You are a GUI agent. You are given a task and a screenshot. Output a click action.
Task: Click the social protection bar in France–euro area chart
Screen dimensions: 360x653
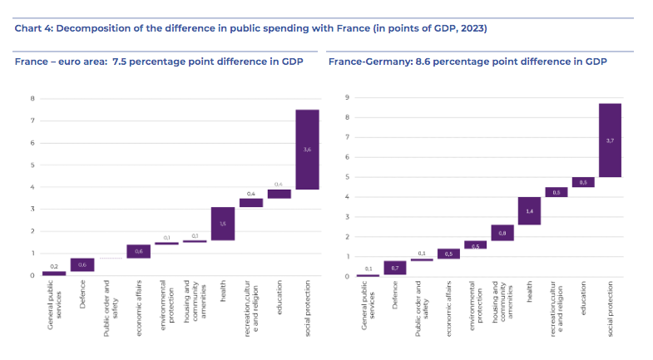pos(307,150)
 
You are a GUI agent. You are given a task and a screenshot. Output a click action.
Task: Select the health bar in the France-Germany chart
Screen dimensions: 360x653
pos(529,211)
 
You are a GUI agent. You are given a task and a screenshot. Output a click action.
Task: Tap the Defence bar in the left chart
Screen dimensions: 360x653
pos(82,265)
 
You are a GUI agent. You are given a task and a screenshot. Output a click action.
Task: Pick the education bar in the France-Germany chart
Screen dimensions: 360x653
pos(582,182)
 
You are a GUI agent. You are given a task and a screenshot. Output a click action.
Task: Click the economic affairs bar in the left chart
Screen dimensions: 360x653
pos(139,252)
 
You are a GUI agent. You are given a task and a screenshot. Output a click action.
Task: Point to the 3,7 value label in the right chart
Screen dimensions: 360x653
pos(611,141)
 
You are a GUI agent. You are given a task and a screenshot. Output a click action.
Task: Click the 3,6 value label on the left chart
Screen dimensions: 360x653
pos(307,149)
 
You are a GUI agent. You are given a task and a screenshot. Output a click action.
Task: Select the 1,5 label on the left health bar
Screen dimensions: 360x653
pos(223,224)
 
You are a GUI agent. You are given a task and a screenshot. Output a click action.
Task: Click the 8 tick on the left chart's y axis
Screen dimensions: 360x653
pos(32,99)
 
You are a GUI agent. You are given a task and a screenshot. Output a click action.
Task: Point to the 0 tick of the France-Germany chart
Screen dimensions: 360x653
pos(345,276)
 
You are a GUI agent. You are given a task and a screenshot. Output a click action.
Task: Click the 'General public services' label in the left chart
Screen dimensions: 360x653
pos(54,307)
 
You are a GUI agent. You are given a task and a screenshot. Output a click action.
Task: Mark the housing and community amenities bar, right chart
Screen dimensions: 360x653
pos(502,233)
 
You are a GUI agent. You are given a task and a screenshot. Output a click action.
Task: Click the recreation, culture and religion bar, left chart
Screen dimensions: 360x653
pos(251,203)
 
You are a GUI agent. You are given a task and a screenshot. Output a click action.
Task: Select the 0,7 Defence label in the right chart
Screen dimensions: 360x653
pos(394,268)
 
